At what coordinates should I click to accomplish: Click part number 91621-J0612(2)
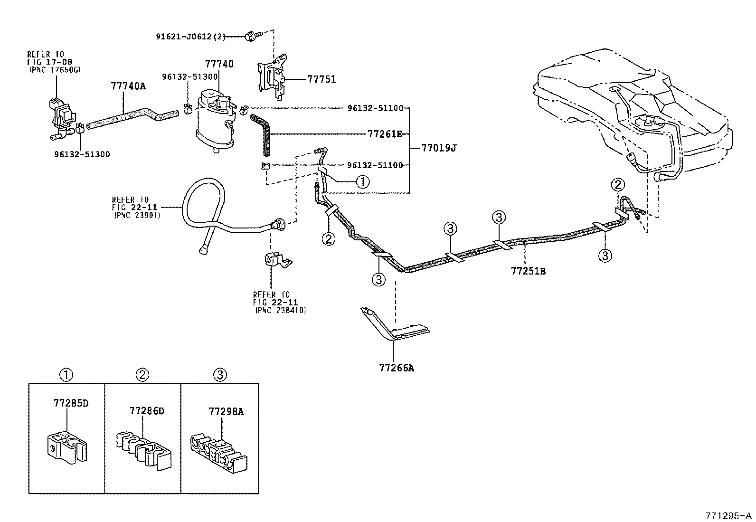[x=191, y=36]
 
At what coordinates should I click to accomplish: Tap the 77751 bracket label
[x=321, y=79]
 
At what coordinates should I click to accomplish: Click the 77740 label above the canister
[x=219, y=63]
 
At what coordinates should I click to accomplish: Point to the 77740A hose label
[x=128, y=85]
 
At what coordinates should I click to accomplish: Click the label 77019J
[x=439, y=148]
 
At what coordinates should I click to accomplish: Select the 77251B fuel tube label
[x=528, y=271]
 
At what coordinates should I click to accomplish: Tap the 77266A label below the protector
[x=396, y=367]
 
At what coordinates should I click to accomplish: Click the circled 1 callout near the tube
[x=362, y=181]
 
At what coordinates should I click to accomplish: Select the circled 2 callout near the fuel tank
[x=618, y=184]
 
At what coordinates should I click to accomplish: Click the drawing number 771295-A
[x=729, y=515]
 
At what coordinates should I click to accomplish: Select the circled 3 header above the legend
[x=219, y=375]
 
